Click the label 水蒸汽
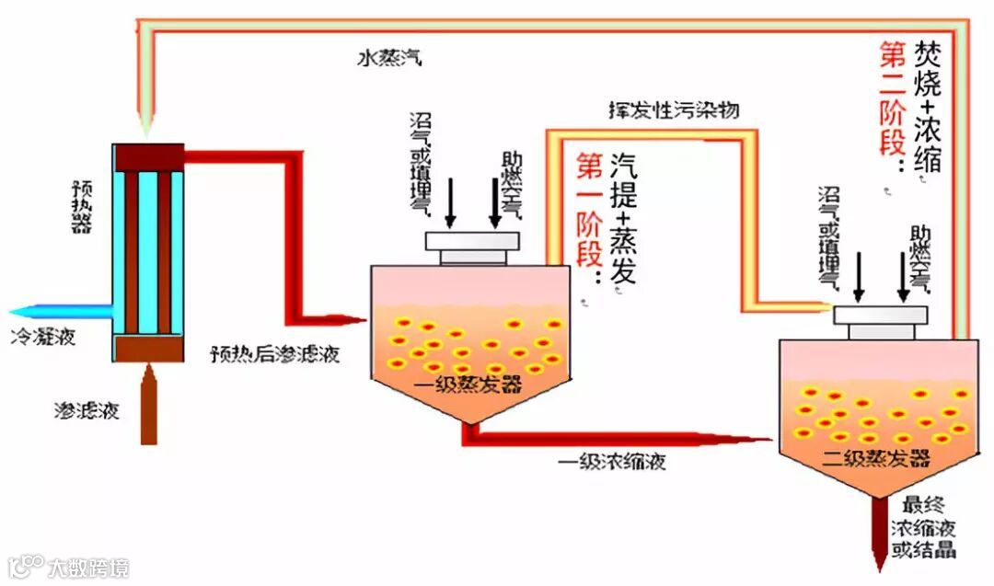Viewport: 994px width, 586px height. pos(389,58)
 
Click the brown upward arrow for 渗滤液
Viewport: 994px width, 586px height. pos(148,405)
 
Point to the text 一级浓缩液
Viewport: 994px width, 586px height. pos(612,461)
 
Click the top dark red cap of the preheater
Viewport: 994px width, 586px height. pos(147,157)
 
